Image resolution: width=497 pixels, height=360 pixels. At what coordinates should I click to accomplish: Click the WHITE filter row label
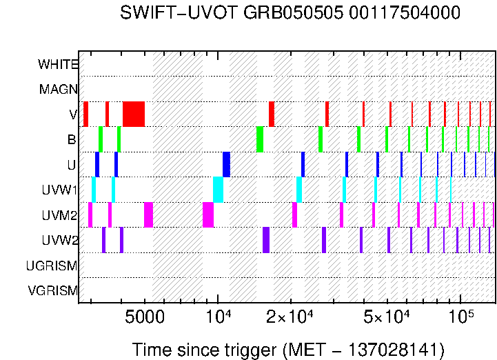tap(58, 64)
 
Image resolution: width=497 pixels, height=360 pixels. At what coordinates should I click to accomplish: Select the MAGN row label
tap(59, 89)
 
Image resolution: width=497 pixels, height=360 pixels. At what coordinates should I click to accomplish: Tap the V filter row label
tap(72, 114)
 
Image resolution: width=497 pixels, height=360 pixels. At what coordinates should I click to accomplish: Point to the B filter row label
tap(72, 139)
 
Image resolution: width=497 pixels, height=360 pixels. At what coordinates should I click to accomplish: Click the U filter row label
tap(72, 165)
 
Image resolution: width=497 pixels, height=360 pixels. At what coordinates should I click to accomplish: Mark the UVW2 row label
tap(60, 240)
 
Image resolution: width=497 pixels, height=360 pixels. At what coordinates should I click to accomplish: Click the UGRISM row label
tap(52, 266)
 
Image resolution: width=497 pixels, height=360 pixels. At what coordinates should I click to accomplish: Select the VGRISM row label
tap(52, 290)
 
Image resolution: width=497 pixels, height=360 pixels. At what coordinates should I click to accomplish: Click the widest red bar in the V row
tap(134, 114)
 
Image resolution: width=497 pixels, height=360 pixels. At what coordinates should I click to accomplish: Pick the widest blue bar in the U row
tap(226, 164)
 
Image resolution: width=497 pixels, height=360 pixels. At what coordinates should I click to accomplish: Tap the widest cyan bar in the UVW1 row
tap(218, 189)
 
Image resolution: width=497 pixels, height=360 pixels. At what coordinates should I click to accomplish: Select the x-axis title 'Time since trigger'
tap(204, 349)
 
